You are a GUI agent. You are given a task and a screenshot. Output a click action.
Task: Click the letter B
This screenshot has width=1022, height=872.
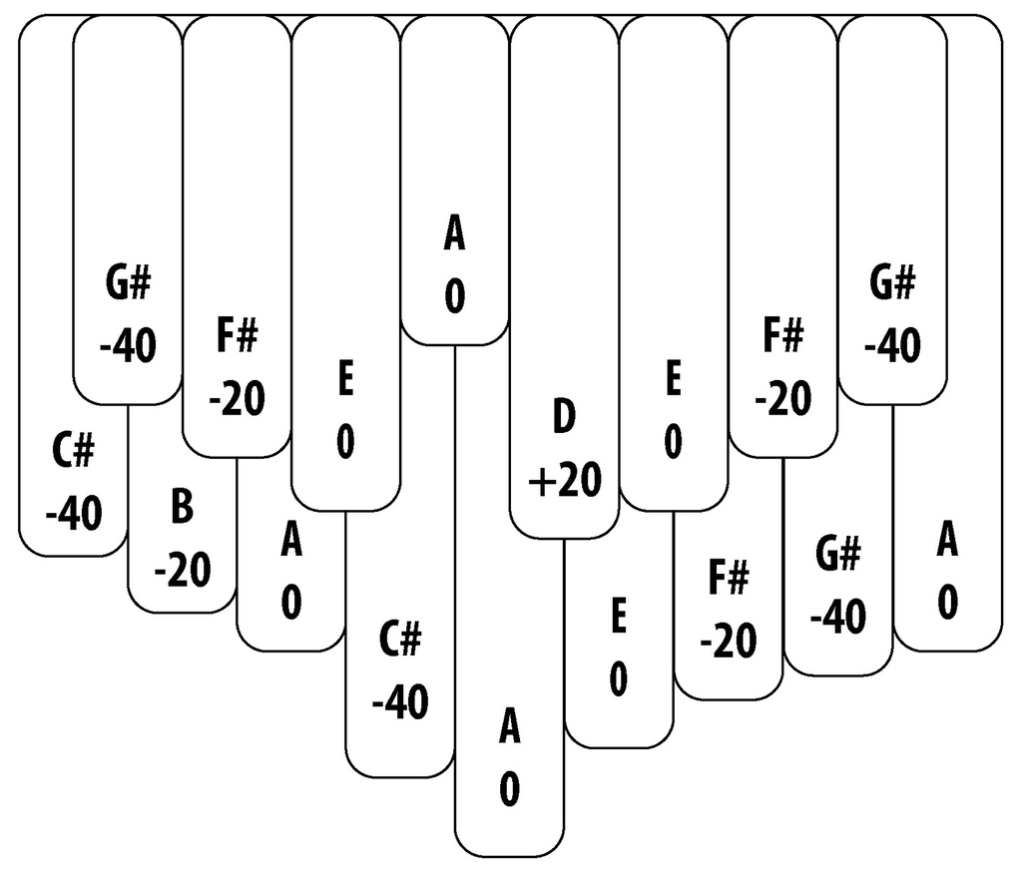(x=182, y=507)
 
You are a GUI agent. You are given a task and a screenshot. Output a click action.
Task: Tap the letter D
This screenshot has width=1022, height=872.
(x=564, y=418)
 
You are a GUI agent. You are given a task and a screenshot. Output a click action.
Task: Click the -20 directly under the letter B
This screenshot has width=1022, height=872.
(x=182, y=571)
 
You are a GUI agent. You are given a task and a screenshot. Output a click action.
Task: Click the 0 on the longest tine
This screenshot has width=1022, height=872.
(x=509, y=790)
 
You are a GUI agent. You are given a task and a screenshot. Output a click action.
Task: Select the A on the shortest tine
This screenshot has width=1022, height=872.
(x=454, y=235)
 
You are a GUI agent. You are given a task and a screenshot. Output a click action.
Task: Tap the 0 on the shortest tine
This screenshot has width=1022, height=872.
(x=454, y=298)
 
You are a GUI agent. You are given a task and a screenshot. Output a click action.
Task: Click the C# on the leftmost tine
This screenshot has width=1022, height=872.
(x=73, y=452)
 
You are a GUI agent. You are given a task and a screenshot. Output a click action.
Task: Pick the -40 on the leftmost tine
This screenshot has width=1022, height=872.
(x=73, y=515)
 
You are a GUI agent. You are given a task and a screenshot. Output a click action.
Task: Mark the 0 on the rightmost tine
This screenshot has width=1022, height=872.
(x=947, y=602)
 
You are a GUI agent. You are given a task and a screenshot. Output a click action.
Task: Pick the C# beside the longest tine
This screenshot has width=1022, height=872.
(x=400, y=640)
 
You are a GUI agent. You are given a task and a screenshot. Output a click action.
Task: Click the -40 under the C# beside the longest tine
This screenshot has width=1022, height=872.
(x=400, y=703)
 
